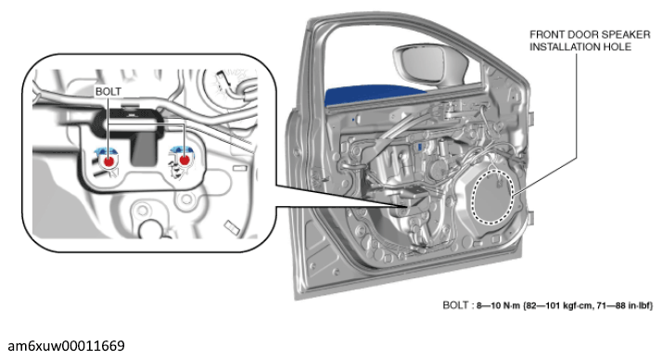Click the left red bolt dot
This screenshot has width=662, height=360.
coord(108,161)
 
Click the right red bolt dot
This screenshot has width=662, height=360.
coord(185,161)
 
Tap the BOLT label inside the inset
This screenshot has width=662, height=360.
coord(108,91)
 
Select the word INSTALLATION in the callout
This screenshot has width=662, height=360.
coord(563,47)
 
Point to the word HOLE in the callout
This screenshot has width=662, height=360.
coord(616,47)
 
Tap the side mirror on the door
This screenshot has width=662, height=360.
coord(430,63)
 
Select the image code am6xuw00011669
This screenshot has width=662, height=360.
coord(66,346)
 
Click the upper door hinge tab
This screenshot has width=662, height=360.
coord(529,119)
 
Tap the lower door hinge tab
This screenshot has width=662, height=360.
coord(529,218)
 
